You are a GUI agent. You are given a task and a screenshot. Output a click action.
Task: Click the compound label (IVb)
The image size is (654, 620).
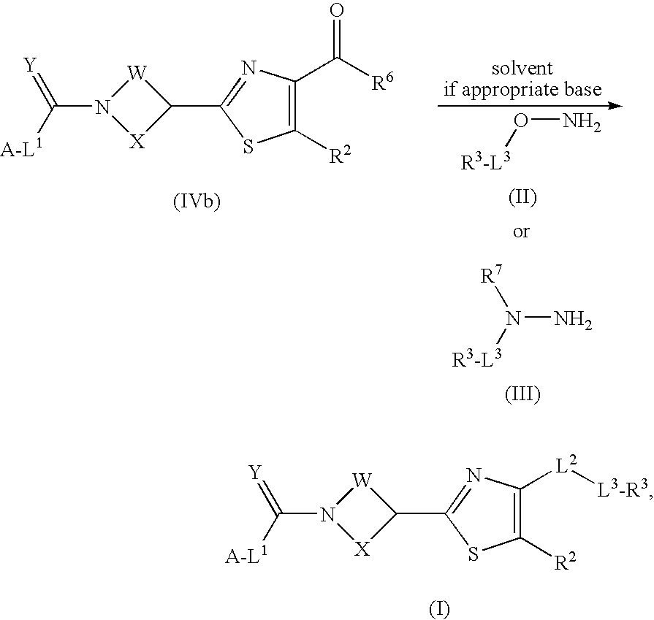(196, 202)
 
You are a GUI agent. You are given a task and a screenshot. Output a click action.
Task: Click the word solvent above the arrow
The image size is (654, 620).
(522, 69)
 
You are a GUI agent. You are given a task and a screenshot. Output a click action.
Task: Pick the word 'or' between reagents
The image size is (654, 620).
(521, 232)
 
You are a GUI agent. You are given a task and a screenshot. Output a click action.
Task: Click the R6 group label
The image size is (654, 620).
(387, 83)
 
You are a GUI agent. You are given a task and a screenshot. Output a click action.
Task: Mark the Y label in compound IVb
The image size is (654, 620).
(30, 67)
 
